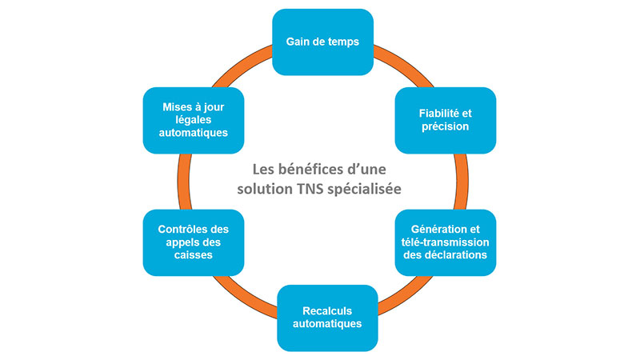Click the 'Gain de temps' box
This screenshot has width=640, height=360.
pyautogui.click(x=323, y=42)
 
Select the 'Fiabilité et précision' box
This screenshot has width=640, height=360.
pyautogui.click(x=446, y=121)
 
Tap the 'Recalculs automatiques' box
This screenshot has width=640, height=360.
pyautogui.click(x=327, y=318)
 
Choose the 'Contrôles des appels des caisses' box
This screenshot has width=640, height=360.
pyautogui.click(x=194, y=242)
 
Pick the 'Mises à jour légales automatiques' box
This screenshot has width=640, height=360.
pyautogui.click(x=194, y=121)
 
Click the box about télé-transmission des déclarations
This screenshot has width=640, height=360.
pyautogui.click(x=446, y=242)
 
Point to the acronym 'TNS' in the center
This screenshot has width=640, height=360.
pyautogui.click(x=310, y=189)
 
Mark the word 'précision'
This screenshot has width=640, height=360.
pyautogui.click(x=446, y=126)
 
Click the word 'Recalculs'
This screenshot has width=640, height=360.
pyautogui.click(x=327, y=311)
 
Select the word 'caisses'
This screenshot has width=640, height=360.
pyautogui.click(x=194, y=255)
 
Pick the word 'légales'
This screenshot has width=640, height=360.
pyautogui.click(x=194, y=120)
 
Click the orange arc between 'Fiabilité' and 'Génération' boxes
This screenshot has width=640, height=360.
pyautogui.click(x=462, y=182)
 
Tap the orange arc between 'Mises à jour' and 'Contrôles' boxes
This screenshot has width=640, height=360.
pyautogui.click(x=184, y=182)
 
